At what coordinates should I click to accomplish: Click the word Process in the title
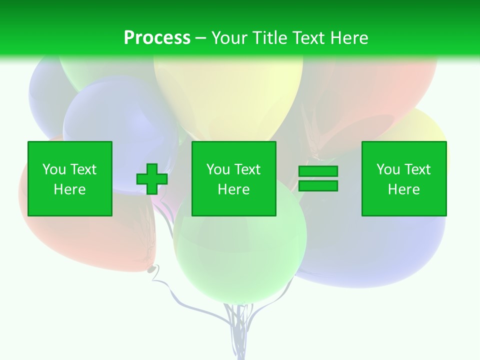157,38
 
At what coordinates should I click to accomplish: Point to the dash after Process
201,38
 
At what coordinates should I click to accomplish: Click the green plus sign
152,179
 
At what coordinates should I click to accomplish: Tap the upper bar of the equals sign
318,171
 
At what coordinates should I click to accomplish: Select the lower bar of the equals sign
318,185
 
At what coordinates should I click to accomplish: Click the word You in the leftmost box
53,169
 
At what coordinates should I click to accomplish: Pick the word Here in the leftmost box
69,189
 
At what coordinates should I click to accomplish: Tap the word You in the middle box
218,169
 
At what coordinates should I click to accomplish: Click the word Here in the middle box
233,189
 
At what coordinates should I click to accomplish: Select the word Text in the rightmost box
417,169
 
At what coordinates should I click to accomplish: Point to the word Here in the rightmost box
403,189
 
